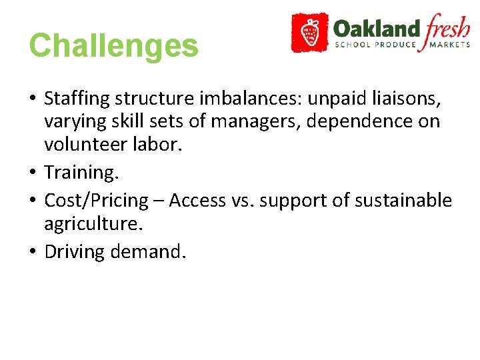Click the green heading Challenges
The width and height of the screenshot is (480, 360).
[x=113, y=46]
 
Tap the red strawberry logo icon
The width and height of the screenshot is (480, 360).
[x=309, y=32]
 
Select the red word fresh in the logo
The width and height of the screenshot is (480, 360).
[x=447, y=28]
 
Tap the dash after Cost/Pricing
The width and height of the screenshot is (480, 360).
[x=159, y=201]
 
